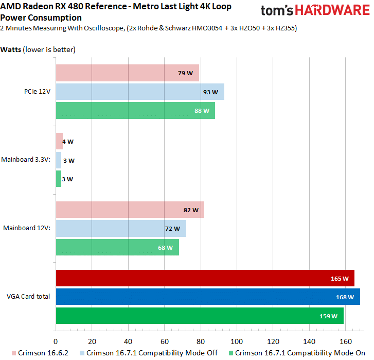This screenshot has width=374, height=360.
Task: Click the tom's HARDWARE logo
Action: tap(314, 11)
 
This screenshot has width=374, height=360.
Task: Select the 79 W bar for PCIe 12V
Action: tap(127, 73)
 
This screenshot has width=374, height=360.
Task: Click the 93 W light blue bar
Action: tap(139, 92)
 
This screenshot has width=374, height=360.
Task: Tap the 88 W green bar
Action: tap(135, 110)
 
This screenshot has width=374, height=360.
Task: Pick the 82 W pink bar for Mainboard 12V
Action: tap(130, 210)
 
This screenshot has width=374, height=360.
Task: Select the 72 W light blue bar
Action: tap(120, 228)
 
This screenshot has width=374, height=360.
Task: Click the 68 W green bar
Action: tap(117, 247)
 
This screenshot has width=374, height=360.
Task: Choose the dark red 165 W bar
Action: tap(205, 278)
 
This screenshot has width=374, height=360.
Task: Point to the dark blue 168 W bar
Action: tap(207, 297)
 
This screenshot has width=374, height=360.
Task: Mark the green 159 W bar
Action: tap(199, 316)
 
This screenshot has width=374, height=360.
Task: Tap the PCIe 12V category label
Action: tap(37, 92)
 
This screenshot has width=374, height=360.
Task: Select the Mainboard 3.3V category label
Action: tap(26, 160)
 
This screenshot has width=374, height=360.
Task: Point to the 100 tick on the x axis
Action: tap(237, 341)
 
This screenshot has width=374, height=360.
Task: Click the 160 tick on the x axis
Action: tap(345, 341)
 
